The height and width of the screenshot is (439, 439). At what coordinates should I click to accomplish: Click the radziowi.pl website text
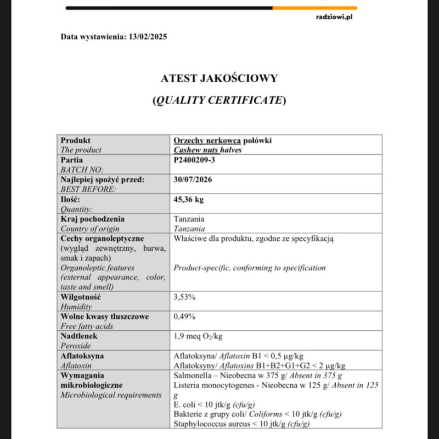click(x=334, y=17)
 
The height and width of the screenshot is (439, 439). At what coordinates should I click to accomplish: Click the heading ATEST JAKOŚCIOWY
click(x=219, y=78)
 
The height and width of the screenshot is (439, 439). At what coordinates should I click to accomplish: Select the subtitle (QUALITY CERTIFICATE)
click(x=219, y=100)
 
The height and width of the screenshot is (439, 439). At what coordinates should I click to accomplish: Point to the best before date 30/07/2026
click(x=193, y=179)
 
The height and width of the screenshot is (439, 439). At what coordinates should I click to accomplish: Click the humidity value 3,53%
click(x=184, y=297)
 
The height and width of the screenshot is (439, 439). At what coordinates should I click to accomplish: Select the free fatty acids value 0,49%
click(x=184, y=317)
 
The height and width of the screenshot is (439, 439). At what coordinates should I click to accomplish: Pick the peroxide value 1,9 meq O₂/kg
click(x=198, y=336)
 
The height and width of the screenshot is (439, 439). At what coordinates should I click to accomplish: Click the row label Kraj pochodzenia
click(x=92, y=219)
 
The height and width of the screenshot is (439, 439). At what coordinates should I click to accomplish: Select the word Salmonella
click(x=190, y=375)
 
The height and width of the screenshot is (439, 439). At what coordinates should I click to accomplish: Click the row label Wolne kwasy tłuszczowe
click(x=104, y=317)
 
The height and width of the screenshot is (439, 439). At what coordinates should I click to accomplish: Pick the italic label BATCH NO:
click(x=82, y=170)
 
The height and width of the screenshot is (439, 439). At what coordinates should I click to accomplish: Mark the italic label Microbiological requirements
click(x=111, y=395)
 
